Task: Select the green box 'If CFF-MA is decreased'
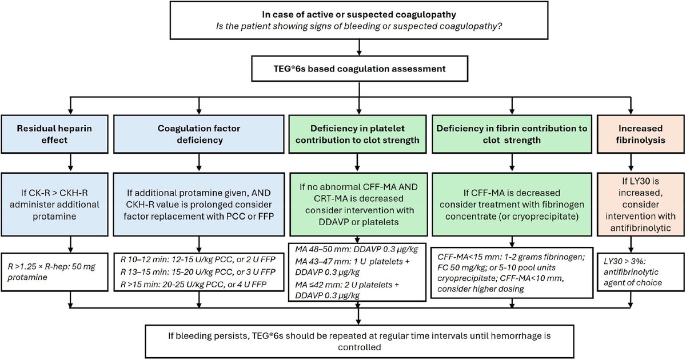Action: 510,203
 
